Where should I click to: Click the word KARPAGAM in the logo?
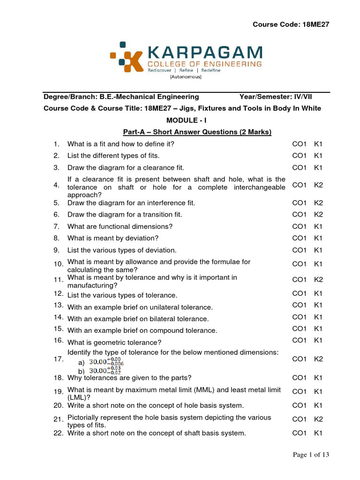tap(204, 52)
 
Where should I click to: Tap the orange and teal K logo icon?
tap(123, 57)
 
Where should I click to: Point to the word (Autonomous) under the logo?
tap(186, 76)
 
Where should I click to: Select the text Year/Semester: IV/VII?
tap(276, 97)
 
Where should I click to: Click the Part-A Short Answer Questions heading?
tap(197, 132)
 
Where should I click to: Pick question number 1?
tap(56, 144)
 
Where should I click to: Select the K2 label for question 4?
tap(318, 185)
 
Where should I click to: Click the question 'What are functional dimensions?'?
tap(120, 226)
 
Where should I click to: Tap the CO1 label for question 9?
tap(299, 250)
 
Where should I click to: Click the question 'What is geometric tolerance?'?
tap(114, 342)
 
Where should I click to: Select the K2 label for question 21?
tap(318, 419)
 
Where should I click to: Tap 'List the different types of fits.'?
tap(113, 156)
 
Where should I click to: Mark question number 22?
tap(58, 433)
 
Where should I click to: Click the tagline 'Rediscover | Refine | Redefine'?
tap(184, 70)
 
